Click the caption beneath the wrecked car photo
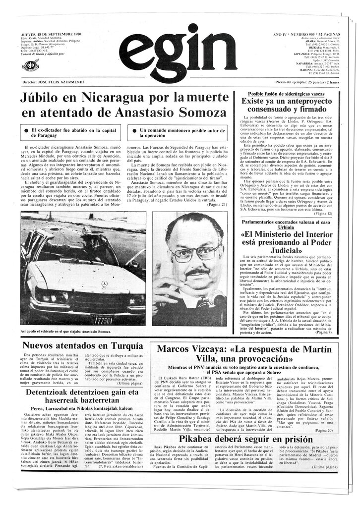[x=66, y=331]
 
